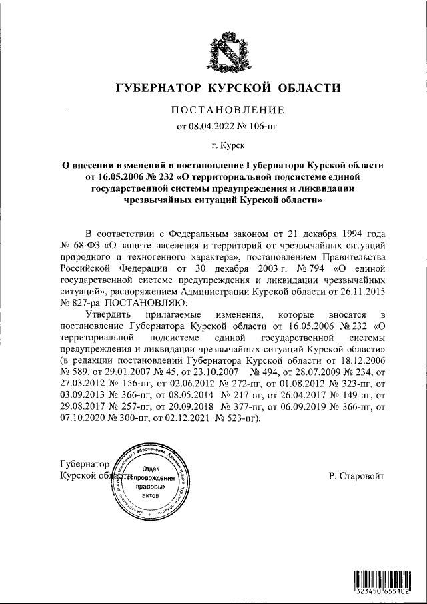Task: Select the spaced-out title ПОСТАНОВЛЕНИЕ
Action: click(228, 109)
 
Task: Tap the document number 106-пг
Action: click(263, 125)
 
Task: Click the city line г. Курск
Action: click(228, 143)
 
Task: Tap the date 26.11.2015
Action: click(360, 291)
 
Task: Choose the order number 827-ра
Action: click(83, 302)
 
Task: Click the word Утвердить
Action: click(110, 314)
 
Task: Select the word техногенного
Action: click(155, 256)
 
